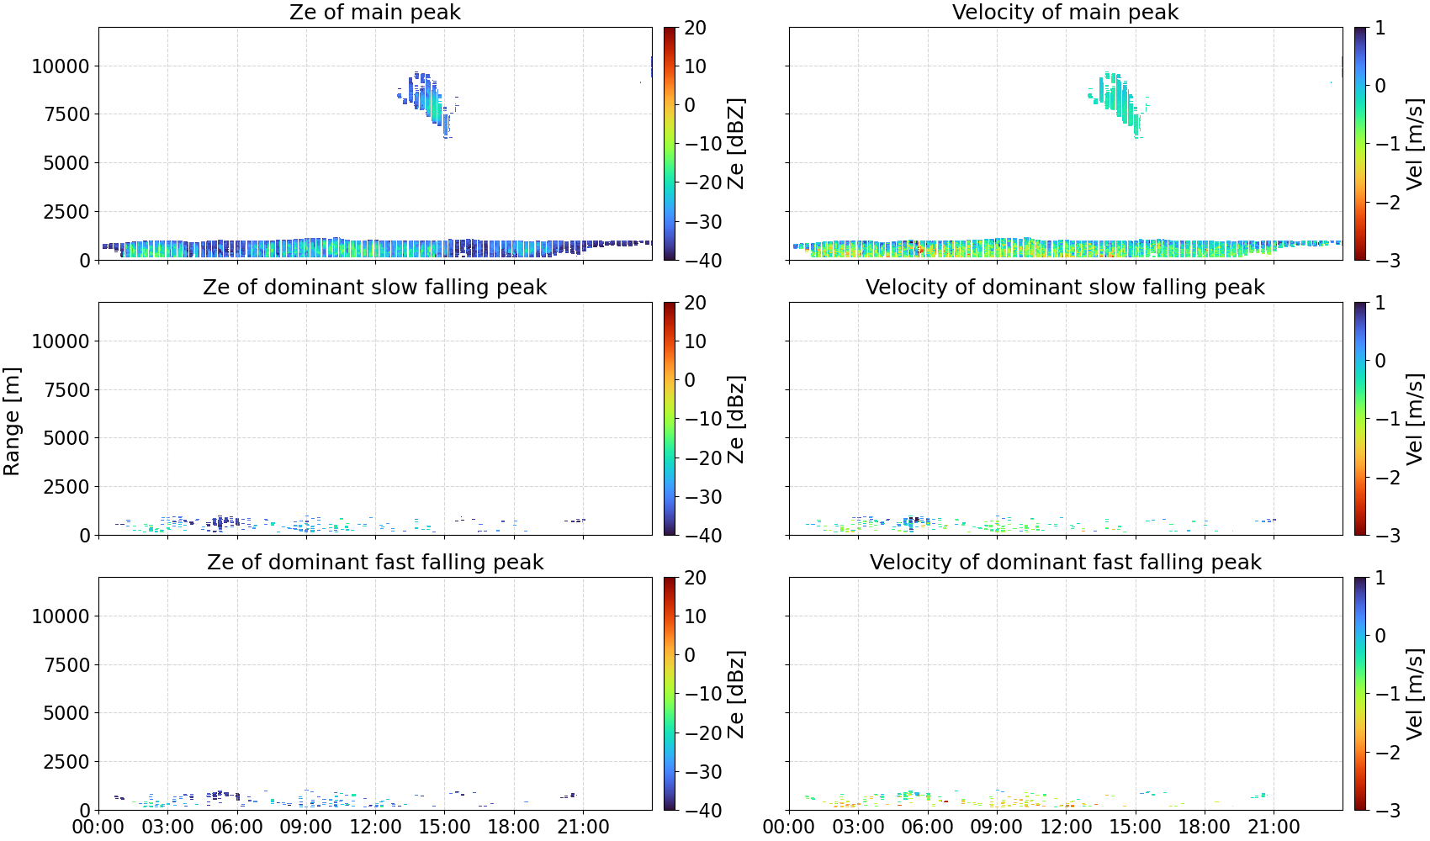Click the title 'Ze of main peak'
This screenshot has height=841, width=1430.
[x=374, y=12]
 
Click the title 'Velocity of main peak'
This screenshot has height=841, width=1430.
[x=1066, y=12]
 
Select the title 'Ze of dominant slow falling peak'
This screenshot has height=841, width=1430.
[x=374, y=287]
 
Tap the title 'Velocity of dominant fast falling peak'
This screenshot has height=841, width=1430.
[x=1066, y=562]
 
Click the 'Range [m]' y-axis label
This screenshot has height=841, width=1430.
[x=12, y=421]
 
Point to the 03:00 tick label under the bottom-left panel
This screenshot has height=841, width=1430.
[x=168, y=827]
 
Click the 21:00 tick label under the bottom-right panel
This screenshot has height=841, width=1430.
[x=1274, y=827]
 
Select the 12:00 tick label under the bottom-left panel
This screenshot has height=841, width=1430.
[x=375, y=827]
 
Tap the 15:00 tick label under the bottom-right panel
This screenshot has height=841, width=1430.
[x=1135, y=827]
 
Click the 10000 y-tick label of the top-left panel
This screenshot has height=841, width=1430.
[x=61, y=66]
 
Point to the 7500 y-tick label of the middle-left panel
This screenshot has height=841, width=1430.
[x=66, y=390]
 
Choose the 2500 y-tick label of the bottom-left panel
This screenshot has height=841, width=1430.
[x=66, y=762]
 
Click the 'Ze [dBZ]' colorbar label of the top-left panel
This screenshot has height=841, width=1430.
[x=736, y=144]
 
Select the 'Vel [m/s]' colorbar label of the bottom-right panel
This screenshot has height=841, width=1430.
[x=1415, y=694]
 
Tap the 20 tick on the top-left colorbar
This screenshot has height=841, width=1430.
[x=695, y=28]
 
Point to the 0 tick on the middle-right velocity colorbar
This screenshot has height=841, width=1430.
[x=1380, y=361]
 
